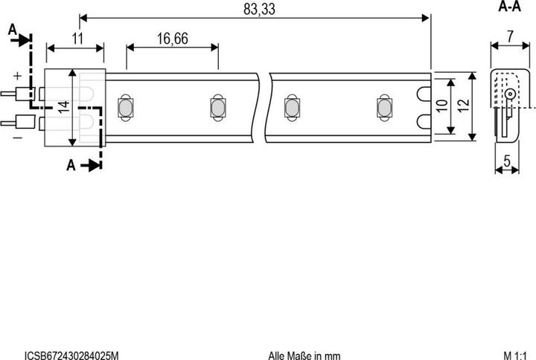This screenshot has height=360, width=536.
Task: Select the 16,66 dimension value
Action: pyautogui.click(x=173, y=39)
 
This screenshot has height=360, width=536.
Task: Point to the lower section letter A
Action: pyautogui.click(x=71, y=165)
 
